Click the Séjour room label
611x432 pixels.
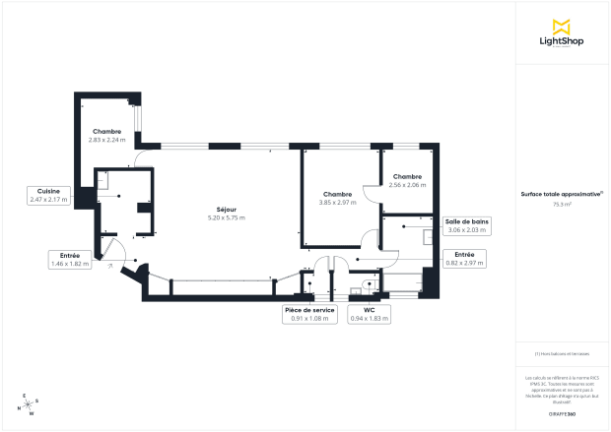pos(226,210)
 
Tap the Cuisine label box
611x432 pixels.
pos(48,195)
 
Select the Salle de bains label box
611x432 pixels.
pos(468,227)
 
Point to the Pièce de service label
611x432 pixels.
pos(309,309)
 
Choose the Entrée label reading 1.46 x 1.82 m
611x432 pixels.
pos(70,260)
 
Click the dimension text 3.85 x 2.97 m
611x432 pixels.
pos(337,202)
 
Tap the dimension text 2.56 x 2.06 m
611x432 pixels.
pos(407,185)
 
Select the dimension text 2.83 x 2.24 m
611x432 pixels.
pos(107,140)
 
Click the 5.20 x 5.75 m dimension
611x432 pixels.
pos(226,217)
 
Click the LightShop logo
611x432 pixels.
pos(563,32)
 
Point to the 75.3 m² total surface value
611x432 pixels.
pos(562,205)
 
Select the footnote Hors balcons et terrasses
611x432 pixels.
pos(562,353)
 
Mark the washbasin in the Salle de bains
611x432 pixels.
pos(428,236)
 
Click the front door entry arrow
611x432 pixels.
pos(109,265)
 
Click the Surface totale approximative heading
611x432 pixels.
pos(562,195)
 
